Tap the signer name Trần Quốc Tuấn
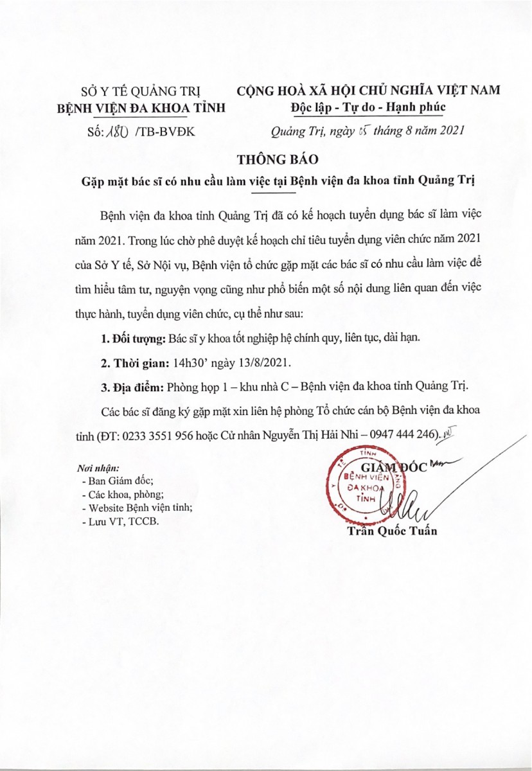pyautogui.click(x=391, y=531)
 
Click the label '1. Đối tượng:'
pyautogui.click(x=134, y=338)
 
